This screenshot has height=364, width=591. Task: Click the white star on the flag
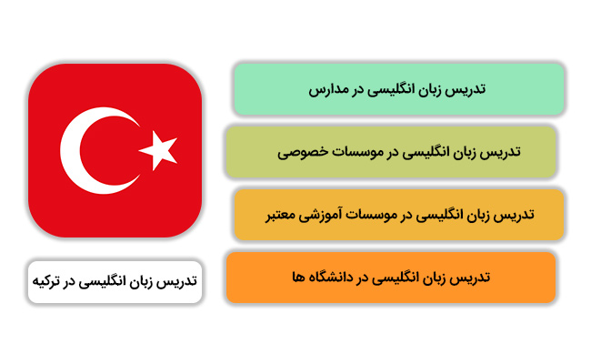[x=159, y=150]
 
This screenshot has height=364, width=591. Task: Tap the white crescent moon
[x=71, y=150]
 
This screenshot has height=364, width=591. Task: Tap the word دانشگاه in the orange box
[x=331, y=278]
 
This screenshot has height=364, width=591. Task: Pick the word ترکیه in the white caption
[x=46, y=281]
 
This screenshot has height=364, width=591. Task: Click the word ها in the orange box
[x=298, y=278]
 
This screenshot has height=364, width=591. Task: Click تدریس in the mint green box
[x=467, y=89]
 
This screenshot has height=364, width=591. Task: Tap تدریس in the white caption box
[x=179, y=281]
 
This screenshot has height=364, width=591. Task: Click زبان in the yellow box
[x=481, y=216]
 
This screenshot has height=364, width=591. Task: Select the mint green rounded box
[x=399, y=89]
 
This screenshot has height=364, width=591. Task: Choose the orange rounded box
[x=391, y=278]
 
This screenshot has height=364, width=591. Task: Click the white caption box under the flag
[x=115, y=282]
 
